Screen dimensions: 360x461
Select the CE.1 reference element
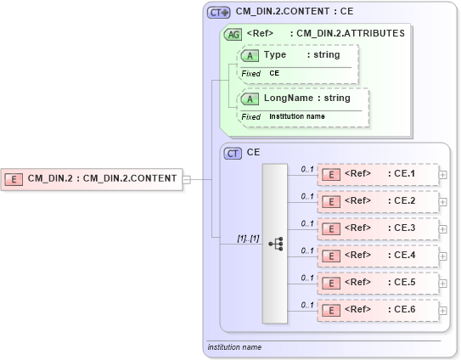click(377, 174)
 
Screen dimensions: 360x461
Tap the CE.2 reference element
click(377, 201)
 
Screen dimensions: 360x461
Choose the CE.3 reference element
click(377, 228)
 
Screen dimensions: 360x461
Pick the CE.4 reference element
click(377, 256)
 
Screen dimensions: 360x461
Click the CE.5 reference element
click(377, 283)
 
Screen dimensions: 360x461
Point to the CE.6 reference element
click(377, 310)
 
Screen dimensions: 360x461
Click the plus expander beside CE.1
click(443, 175)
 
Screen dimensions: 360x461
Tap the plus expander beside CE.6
click(443, 311)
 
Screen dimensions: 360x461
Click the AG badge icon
click(232, 35)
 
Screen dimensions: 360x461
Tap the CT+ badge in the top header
click(219, 13)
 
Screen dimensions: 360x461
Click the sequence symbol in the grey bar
click(275, 243)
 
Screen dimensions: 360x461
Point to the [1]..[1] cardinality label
click(249, 239)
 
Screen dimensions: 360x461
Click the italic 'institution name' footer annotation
click(234, 347)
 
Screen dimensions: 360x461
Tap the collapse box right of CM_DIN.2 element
click(187, 178)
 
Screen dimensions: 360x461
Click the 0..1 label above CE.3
click(307, 222)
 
